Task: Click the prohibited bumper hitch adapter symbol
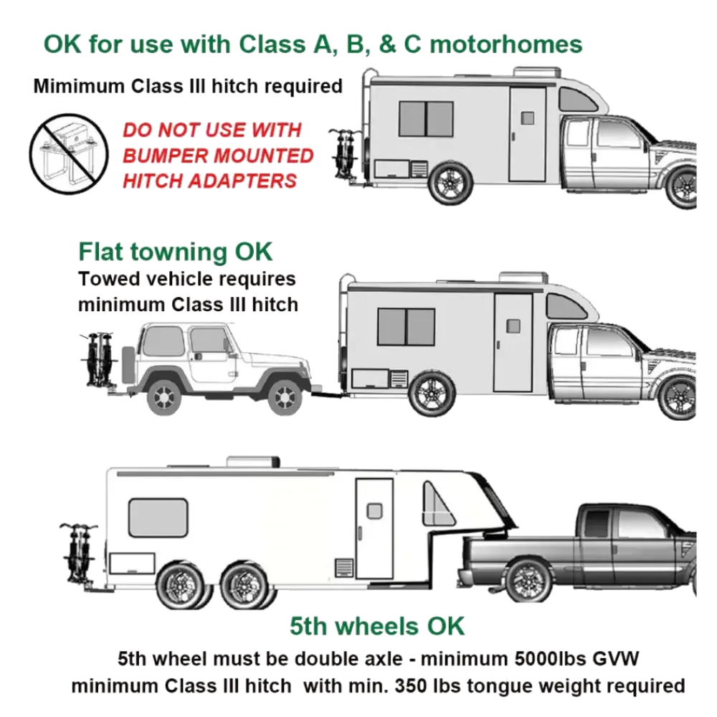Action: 69,153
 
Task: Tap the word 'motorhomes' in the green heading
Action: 506,44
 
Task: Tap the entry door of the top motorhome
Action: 528,135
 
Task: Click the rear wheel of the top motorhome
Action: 450,182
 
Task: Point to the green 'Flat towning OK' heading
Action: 175,252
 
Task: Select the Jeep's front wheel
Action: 285,395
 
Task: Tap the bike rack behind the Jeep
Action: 99,359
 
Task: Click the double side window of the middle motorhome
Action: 406,326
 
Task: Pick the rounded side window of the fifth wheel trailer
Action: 158,518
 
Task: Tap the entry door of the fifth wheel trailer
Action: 374,528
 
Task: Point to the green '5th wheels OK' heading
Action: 377,626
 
